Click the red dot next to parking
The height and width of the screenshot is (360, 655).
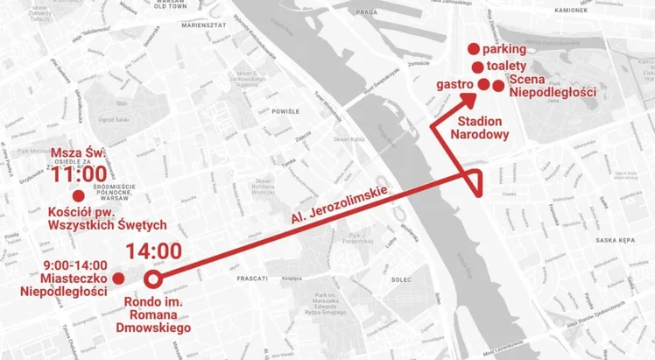(x=473, y=49)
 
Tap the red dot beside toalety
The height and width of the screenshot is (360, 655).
(x=478, y=67)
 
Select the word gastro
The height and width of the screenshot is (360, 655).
(x=454, y=84)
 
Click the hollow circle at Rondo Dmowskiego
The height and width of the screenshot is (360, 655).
(x=151, y=280)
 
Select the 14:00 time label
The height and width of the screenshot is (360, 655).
(x=153, y=251)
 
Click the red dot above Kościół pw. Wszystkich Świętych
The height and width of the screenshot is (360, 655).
(x=78, y=195)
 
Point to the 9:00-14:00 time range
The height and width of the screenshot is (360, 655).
(x=75, y=265)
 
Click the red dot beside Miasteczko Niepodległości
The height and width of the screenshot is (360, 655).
(x=118, y=279)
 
